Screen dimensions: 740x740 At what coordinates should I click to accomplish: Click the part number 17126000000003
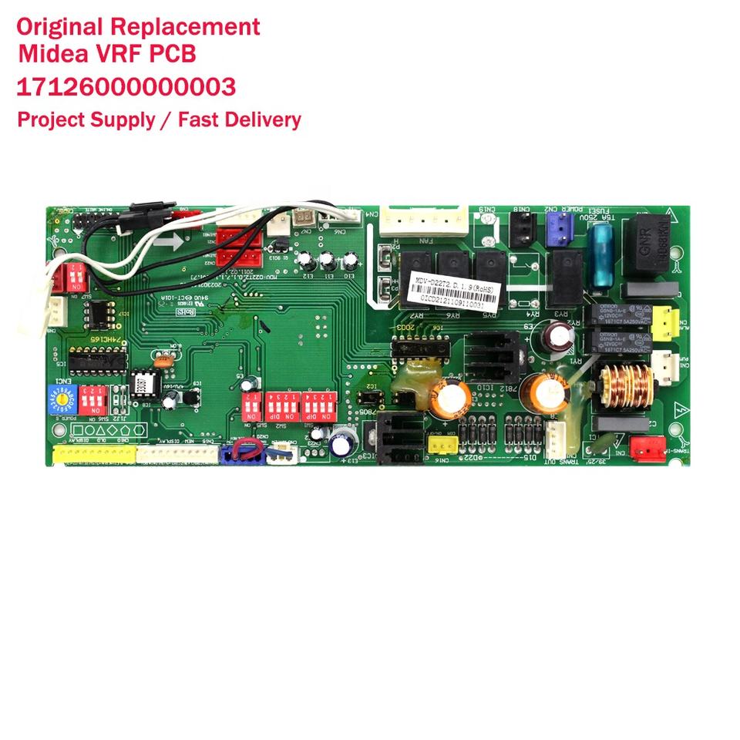click(126, 87)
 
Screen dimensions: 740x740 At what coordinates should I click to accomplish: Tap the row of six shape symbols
click(108, 429)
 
